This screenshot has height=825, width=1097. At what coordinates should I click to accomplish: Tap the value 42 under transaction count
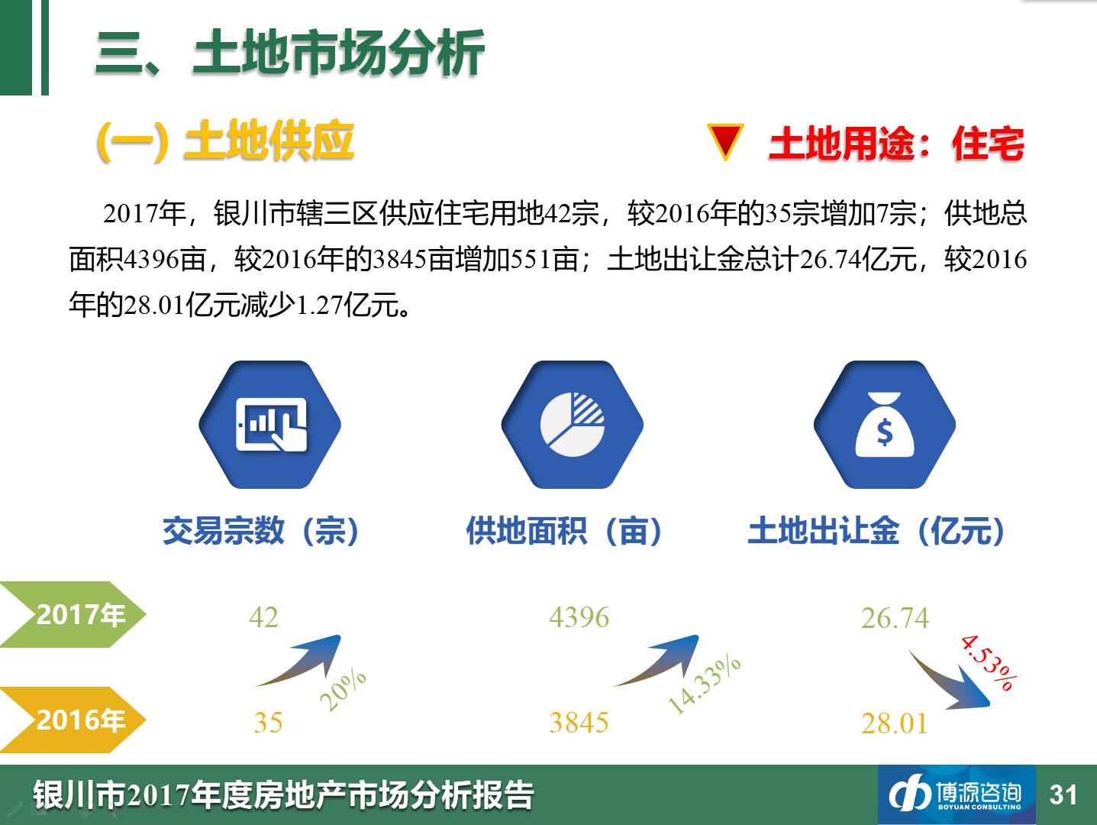[x=263, y=617]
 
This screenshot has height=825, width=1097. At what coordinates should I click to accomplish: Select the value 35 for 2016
[x=268, y=723]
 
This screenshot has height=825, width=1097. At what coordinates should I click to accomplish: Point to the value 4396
[x=579, y=617]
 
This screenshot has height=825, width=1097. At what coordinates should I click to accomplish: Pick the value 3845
[x=579, y=723]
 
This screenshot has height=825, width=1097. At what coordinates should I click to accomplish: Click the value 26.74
[x=895, y=619]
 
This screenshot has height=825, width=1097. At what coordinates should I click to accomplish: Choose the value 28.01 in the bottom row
[x=895, y=723]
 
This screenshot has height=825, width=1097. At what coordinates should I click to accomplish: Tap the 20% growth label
[x=343, y=690]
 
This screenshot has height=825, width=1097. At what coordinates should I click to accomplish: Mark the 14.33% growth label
[x=704, y=685]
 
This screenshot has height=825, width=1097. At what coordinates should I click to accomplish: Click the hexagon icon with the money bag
[x=885, y=425]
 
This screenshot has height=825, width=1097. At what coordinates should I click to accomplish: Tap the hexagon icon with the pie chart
[x=573, y=425]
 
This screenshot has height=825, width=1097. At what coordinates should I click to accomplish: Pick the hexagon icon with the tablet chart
[x=270, y=425]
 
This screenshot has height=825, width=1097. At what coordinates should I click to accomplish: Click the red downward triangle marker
[x=726, y=141]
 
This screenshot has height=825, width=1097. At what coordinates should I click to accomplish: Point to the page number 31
[x=1063, y=795]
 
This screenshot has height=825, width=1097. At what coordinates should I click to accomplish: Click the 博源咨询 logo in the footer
[x=957, y=794]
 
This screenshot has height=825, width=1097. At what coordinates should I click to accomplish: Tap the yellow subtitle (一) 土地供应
[x=225, y=141]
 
